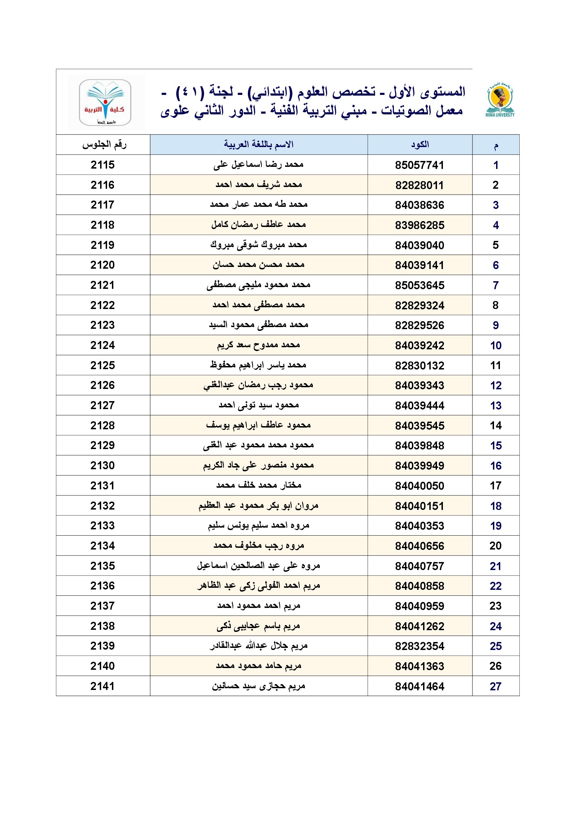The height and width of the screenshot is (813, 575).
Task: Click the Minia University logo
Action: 500,99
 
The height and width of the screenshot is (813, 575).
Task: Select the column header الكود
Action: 420,145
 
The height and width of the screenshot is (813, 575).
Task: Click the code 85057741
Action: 420,165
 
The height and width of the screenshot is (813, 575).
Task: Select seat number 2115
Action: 103,165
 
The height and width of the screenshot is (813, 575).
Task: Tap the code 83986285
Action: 420,225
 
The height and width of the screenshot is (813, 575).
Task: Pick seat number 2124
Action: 103,345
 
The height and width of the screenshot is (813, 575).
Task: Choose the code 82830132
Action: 420,365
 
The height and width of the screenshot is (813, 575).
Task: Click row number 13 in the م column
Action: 496,405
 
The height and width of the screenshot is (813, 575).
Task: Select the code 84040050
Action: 420,486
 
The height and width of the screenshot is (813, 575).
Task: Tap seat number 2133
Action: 103,526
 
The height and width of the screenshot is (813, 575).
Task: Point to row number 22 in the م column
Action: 496,586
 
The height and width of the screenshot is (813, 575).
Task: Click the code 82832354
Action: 420,646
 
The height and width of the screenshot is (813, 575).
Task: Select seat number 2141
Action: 103,686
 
